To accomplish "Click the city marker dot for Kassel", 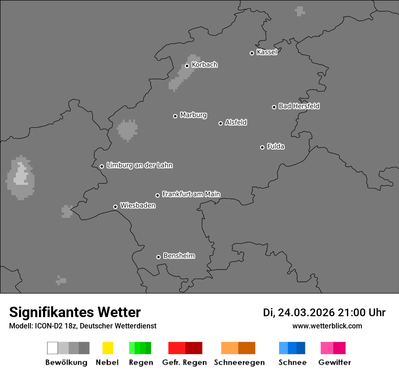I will tap(252, 53).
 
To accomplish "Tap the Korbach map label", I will tap(204, 65).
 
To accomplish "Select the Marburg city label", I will tap(193, 115).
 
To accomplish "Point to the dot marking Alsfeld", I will tap(221, 123).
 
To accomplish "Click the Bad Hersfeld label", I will tap(299, 106).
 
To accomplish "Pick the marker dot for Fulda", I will tap(263, 147).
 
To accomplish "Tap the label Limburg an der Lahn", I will tap(140, 165).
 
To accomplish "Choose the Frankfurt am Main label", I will tap(191, 194).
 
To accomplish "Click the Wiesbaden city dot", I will tap(116, 207).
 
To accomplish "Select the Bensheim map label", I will tap(179, 256).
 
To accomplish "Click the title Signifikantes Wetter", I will tap(75, 312).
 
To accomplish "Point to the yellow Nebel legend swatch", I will tap(107, 348).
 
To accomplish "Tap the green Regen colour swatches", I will tap(140, 348).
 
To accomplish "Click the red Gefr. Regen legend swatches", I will tap(185, 348).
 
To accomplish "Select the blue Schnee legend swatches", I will tap(292, 348).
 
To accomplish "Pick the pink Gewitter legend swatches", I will tap(333, 348).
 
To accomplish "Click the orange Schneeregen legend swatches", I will tap(238, 348).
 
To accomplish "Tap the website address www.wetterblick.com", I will tap(327, 326).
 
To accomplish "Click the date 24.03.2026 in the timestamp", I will tap(306, 313).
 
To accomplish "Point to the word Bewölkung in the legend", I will tap(66, 362).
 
